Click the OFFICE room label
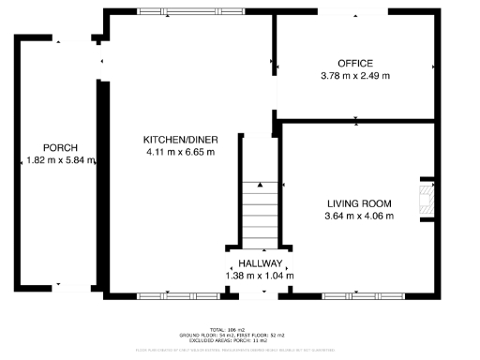coord(355,63)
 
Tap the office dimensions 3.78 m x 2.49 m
coord(355,75)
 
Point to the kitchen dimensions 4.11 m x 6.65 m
coord(180,151)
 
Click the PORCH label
coord(59,148)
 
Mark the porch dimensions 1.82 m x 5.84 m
coord(59,160)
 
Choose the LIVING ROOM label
coord(359,203)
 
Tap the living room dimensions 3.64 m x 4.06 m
coord(359,216)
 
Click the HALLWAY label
coord(260,263)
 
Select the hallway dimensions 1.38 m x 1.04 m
coord(260,276)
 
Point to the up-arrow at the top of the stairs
coord(260,185)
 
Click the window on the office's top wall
coord(355,11)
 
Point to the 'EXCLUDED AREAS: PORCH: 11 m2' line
coord(240,340)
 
